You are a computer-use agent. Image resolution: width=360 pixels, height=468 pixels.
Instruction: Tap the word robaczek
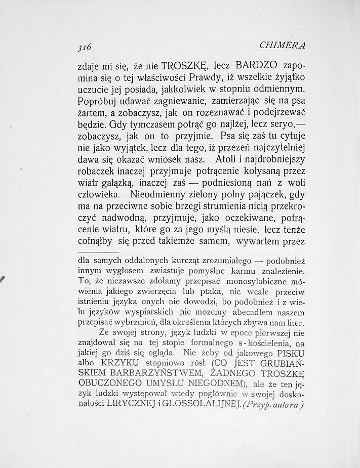click(98, 175)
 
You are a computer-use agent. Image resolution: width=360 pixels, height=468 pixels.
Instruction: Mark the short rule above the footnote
click(99, 251)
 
